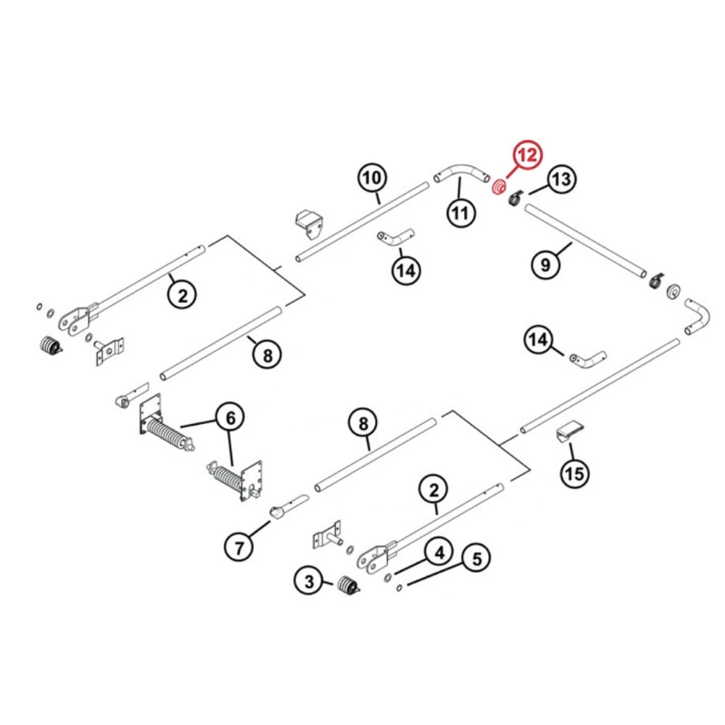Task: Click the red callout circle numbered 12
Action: pyautogui.click(x=527, y=156)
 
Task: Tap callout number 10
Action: pyautogui.click(x=371, y=178)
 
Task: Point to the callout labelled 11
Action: pyautogui.click(x=460, y=212)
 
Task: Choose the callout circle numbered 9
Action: pyautogui.click(x=545, y=264)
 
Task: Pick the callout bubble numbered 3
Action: pyautogui.click(x=309, y=581)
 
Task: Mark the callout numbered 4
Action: pyautogui.click(x=438, y=553)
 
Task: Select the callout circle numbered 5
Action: pyautogui.click(x=476, y=559)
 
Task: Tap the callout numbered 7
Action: pyautogui.click(x=240, y=547)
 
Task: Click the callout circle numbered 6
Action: pyautogui.click(x=230, y=418)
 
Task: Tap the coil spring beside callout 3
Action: pyautogui.click(x=348, y=585)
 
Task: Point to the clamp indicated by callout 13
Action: pyautogui.click(x=516, y=197)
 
